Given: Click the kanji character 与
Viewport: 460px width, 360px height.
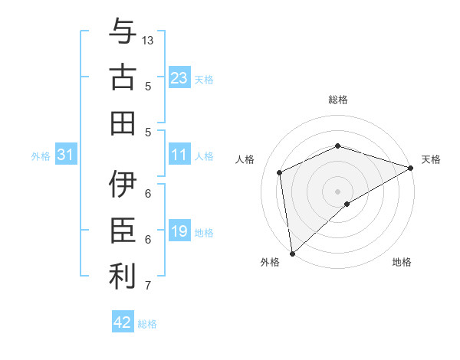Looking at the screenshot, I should (122, 34).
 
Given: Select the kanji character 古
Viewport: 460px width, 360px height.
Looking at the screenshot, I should (122, 77).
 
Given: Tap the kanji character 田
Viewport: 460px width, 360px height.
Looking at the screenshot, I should (122, 123).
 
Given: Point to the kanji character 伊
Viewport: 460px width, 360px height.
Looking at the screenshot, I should (122, 185).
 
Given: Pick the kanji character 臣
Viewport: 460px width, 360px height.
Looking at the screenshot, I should (122, 231).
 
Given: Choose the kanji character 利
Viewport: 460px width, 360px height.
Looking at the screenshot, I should (122, 276).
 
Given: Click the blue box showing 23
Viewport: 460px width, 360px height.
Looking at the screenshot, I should (179, 77).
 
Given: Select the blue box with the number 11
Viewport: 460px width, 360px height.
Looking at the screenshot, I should (179, 155).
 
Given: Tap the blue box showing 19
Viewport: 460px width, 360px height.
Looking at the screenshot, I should (179, 231).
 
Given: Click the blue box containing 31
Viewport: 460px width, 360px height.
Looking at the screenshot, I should (66, 155).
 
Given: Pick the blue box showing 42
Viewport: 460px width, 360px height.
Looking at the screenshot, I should (123, 322).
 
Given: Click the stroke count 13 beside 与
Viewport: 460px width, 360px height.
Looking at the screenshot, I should (148, 39).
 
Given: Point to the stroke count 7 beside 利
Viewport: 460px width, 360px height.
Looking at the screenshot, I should (148, 286).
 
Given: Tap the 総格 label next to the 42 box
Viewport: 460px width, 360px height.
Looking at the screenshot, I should (147, 324).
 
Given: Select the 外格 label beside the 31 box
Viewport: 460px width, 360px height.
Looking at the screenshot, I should (41, 156).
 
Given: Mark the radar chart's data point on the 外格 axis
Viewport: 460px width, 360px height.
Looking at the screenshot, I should (292, 253).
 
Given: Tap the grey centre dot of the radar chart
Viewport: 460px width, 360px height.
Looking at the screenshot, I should (337, 191).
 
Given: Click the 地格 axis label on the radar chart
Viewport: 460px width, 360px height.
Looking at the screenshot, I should (402, 262).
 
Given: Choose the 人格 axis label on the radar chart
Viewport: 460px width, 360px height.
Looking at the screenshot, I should (245, 159).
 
